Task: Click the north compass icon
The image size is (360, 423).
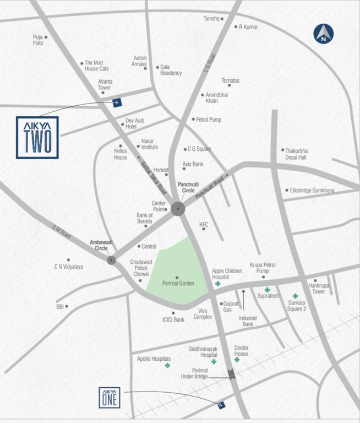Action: tap(324, 34)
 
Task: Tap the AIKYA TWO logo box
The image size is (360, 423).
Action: tap(37, 138)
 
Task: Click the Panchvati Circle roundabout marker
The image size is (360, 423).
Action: tap(178, 208)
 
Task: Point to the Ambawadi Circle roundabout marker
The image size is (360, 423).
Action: tap(112, 261)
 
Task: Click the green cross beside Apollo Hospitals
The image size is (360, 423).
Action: tap(167, 366)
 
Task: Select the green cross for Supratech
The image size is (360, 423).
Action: tap(268, 290)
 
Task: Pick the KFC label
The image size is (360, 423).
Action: tap(204, 225)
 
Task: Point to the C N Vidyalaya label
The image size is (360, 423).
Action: tap(68, 267)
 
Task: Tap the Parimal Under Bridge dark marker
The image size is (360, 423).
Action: tap(232, 375)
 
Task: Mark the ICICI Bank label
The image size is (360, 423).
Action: tap(173, 319)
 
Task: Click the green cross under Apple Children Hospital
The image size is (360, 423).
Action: tap(218, 284)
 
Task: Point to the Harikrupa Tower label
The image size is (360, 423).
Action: tap(324, 289)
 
